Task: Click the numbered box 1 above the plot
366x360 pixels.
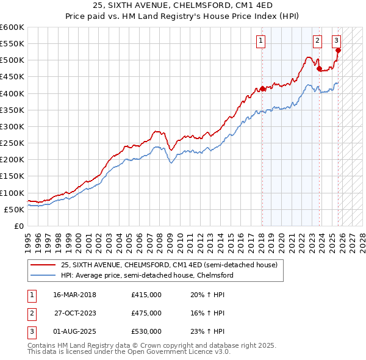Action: tap(260, 41)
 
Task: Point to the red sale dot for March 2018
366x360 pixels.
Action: tap(262, 88)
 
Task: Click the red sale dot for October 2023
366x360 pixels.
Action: tap(319, 68)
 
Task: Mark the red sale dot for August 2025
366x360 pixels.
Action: tap(338, 51)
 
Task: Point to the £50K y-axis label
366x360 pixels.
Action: tap(14, 209)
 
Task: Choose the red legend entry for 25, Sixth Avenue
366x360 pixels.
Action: tap(169, 265)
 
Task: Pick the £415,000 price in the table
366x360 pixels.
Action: tap(146, 295)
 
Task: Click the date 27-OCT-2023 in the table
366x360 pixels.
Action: tap(75, 313)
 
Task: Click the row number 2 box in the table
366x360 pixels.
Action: tap(31, 313)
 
